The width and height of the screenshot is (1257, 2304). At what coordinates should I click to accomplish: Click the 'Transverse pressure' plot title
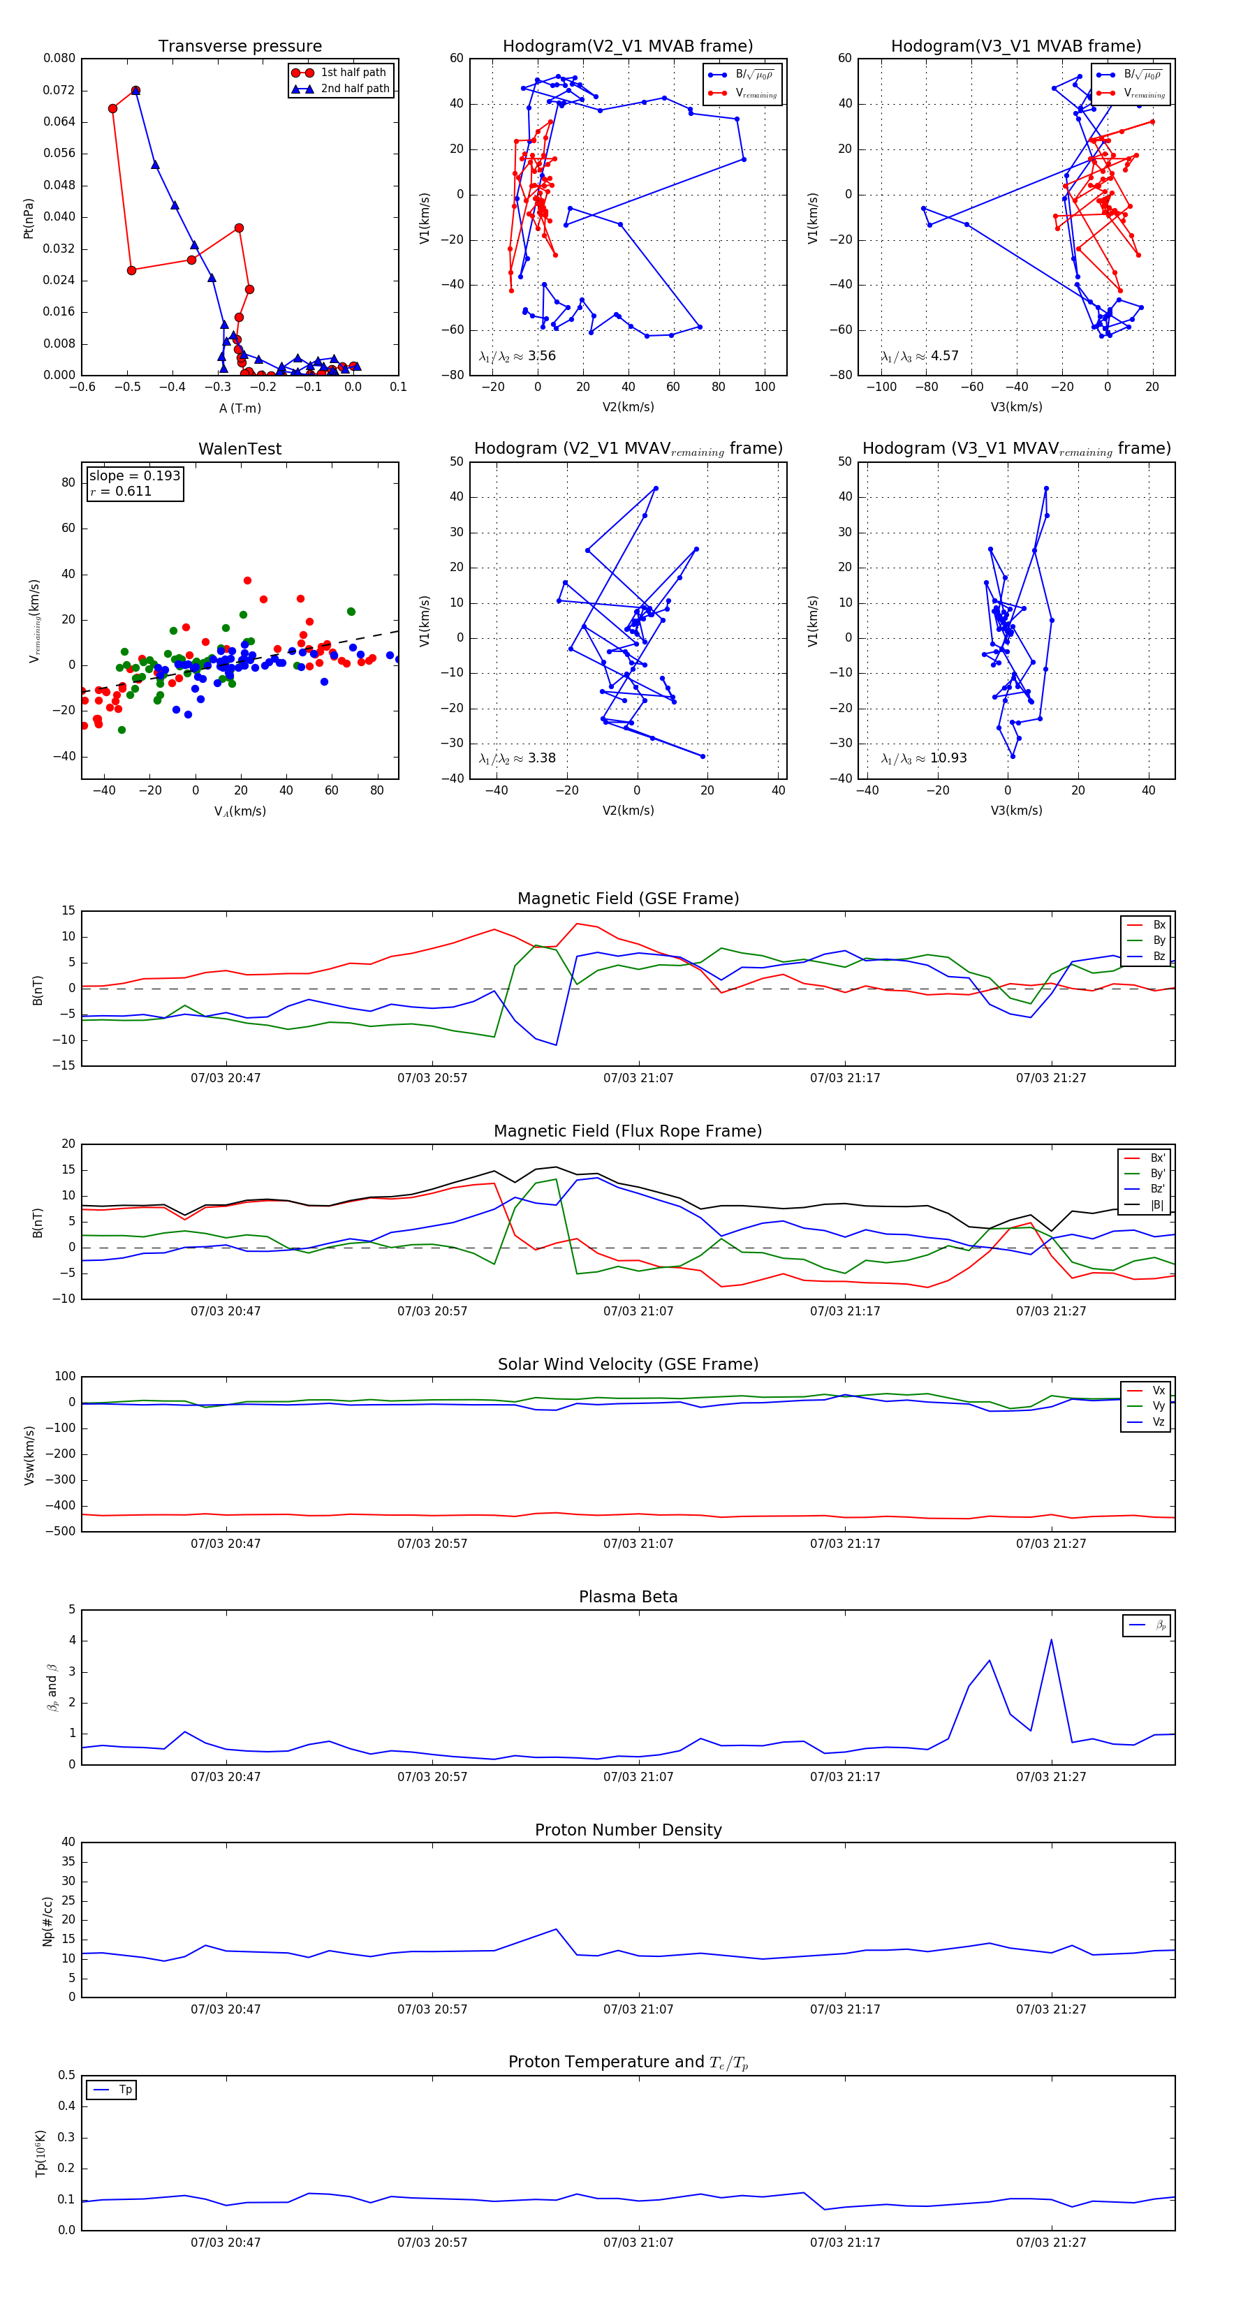coord(240,47)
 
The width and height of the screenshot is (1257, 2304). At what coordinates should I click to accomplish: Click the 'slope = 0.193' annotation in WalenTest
coord(134,476)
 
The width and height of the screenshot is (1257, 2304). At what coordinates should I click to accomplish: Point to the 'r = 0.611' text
coord(121,491)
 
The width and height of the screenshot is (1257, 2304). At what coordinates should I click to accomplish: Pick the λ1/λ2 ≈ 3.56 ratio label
coord(517,356)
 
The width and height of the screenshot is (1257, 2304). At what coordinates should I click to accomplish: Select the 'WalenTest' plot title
coord(240,449)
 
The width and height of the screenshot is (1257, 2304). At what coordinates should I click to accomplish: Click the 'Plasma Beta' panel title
coord(628,1597)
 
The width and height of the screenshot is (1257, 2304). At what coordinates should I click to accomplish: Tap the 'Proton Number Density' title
coord(628,1829)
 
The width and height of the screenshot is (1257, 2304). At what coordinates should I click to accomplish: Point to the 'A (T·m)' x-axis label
coord(240,408)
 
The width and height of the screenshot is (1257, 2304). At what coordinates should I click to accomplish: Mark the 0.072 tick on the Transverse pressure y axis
coord(59,90)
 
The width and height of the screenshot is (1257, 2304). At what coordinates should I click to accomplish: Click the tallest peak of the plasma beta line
coord(1051,1639)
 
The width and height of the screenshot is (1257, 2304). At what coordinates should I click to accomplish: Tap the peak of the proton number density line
coord(556,1929)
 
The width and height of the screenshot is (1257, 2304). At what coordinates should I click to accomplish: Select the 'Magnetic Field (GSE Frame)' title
coord(628,899)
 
